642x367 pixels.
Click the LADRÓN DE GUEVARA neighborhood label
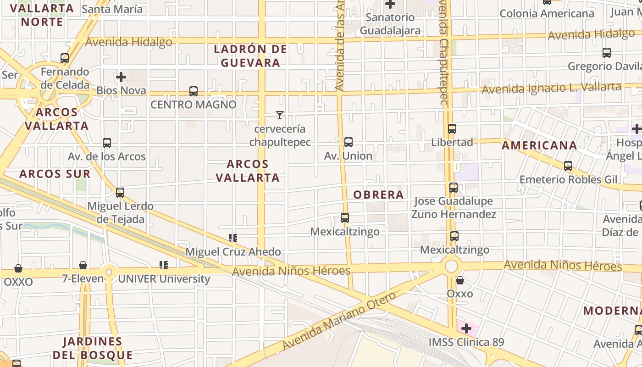250,56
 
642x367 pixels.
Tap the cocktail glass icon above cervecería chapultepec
280,115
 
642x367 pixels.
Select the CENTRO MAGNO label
194,105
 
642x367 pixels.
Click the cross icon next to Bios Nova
121,77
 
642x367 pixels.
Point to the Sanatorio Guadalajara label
390,24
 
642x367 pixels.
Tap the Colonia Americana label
547,14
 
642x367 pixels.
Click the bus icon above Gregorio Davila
607,53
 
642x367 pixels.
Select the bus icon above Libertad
452,129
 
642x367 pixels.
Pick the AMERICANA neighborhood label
539,145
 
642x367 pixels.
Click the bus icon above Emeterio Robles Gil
568,166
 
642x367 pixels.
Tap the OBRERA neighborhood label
378,195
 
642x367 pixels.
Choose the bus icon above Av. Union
349,142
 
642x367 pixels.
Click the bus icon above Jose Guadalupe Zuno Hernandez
454,188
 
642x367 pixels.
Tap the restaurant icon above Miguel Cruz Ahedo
233,238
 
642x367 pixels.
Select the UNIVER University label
164,278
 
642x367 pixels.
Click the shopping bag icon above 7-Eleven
83,265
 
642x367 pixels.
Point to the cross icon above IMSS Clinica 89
466,328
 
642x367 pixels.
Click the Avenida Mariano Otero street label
339,321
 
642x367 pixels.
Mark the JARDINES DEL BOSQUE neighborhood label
93,348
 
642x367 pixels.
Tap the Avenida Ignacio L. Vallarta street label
552,88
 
